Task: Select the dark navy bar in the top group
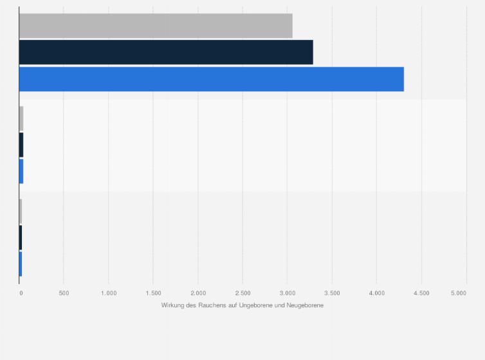[x=166, y=52]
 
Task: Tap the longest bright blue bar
[x=211, y=79]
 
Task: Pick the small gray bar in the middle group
[x=21, y=118]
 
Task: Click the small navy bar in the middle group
[x=21, y=145]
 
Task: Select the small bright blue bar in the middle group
[x=21, y=172]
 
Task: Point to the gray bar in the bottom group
[x=21, y=211]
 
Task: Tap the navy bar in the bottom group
[x=21, y=237]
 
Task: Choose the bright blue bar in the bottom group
[x=21, y=264]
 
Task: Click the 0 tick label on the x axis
[x=21, y=293]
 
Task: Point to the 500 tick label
[x=64, y=293]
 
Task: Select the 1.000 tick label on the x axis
[x=109, y=293]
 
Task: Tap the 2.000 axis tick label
[x=198, y=293]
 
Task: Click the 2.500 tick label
[x=243, y=293]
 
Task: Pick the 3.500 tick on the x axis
[x=332, y=293]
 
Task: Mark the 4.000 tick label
[x=377, y=293]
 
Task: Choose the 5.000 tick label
[x=459, y=293]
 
